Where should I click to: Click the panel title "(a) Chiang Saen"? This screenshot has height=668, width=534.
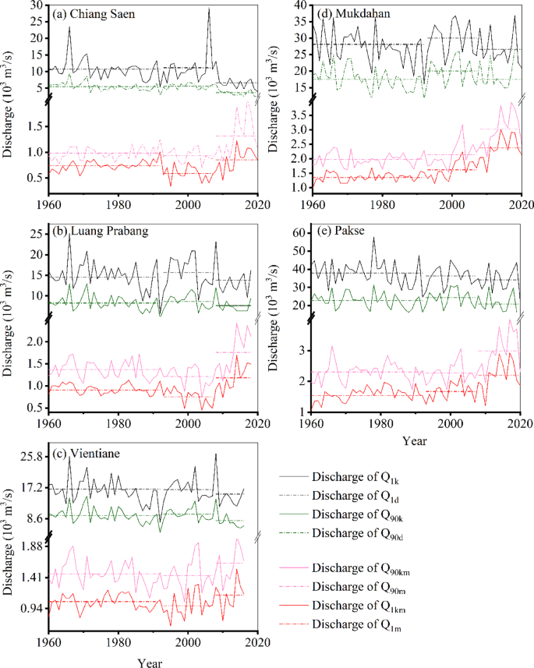(89, 15)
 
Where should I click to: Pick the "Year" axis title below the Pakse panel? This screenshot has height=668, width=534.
(416, 440)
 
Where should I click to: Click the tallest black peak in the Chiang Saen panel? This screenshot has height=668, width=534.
(208, 9)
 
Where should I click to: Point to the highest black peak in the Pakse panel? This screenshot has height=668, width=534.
(373, 238)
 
